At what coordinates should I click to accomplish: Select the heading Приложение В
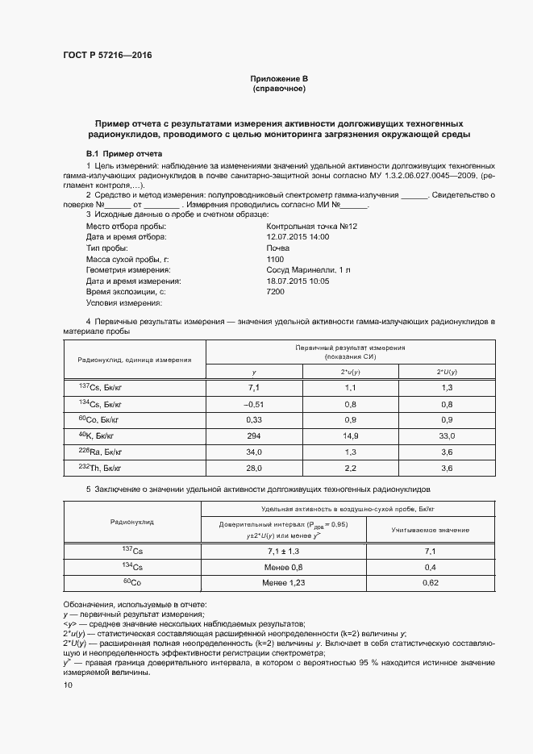[278, 79]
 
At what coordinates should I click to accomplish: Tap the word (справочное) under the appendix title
[278, 89]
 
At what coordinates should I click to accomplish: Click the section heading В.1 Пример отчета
[124, 153]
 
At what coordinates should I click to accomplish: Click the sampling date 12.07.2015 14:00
[298, 238]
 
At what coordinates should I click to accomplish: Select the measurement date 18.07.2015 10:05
[298, 281]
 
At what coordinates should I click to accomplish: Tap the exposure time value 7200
[275, 292]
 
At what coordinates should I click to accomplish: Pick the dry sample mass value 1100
[275, 260]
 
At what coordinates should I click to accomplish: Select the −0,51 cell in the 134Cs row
[254, 403]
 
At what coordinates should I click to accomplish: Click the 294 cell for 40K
[254, 435]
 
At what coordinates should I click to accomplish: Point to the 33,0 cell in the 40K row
[446, 435]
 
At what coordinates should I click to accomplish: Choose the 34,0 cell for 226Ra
[254, 451]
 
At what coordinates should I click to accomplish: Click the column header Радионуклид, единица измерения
[134, 359]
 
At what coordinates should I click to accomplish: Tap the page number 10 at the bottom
[69, 685]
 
